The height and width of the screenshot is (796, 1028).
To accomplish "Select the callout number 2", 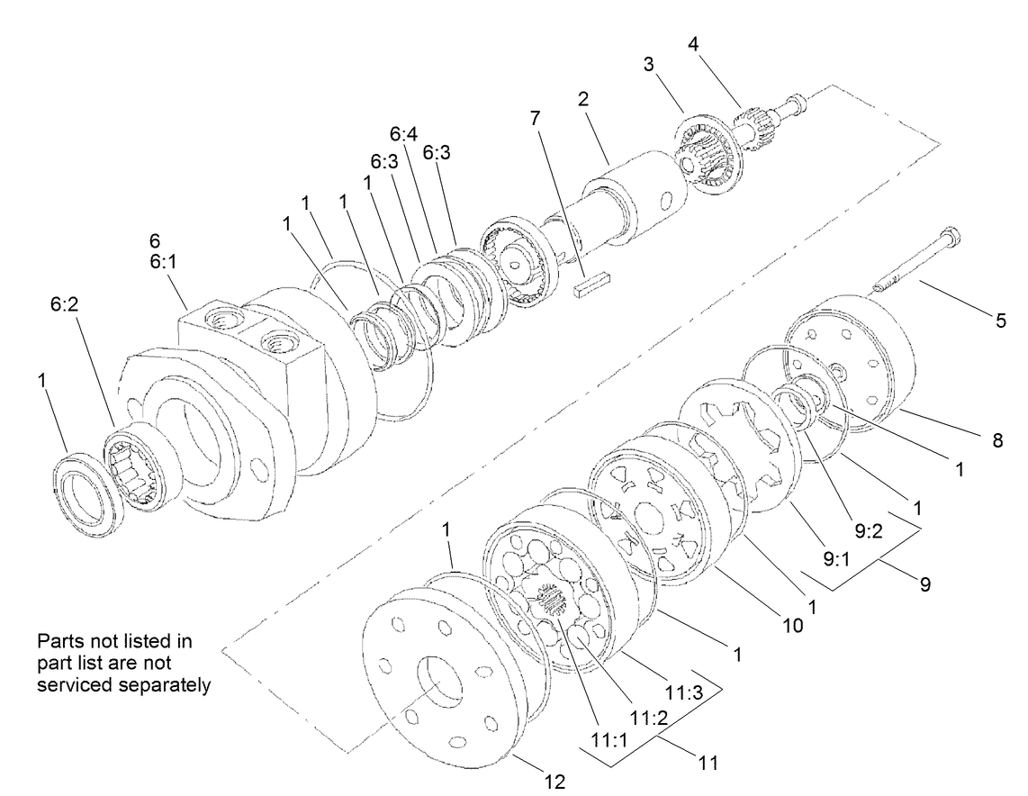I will click(583, 98).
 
